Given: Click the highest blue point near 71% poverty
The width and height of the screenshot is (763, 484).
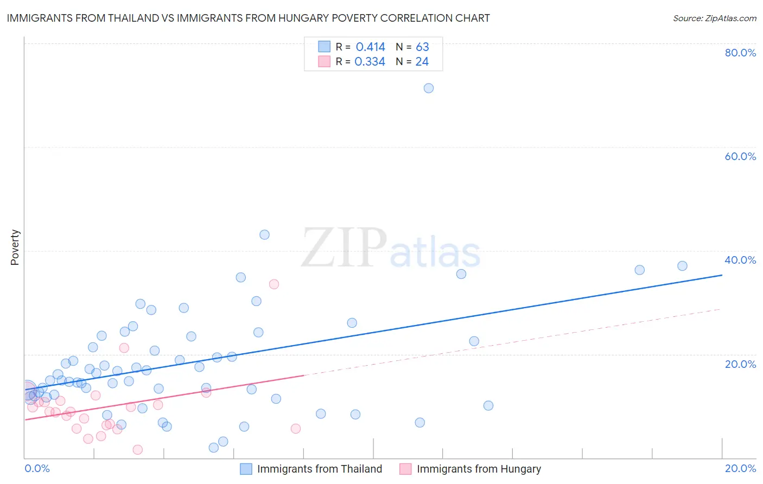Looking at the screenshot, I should pyautogui.click(x=429, y=88).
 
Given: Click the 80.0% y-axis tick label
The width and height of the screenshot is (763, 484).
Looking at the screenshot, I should pyautogui.click(x=740, y=53).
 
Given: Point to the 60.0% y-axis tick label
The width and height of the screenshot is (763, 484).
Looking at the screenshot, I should pyautogui.click(x=740, y=156).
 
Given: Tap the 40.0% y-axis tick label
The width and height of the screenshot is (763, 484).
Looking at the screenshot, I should pyautogui.click(x=740, y=260).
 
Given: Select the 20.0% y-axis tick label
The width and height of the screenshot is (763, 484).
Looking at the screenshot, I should pyautogui.click(x=740, y=364).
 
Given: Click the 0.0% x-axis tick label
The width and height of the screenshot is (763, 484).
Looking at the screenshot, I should pyautogui.click(x=37, y=468).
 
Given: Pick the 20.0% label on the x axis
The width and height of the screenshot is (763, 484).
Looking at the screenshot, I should pyautogui.click(x=740, y=468).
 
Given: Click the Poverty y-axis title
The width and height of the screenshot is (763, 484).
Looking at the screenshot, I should pyautogui.click(x=15, y=247).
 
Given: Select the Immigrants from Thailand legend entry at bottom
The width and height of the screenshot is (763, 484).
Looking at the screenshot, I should pyautogui.click(x=319, y=469).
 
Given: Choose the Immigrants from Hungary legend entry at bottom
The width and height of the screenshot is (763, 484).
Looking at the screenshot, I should pyautogui.click(x=479, y=469).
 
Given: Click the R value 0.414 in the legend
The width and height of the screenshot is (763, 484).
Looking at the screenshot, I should pyautogui.click(x=370, y=47).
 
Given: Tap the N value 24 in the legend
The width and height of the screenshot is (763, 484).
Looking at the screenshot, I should pyautogui.click(x=422, y=62).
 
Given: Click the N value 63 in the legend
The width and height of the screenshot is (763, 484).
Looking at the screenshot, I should pyautogui.click(x=422, y=47).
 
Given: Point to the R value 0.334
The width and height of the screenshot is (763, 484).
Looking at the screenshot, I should pyautogui.click(x=370, y=62).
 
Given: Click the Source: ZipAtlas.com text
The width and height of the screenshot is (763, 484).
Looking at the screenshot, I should pyautogui.click(x=714, y=18).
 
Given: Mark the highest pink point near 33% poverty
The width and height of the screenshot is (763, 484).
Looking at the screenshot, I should pyautogui.click(x=274, y=284).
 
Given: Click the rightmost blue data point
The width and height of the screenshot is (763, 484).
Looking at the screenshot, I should pyautogui.click(x=683, y=266).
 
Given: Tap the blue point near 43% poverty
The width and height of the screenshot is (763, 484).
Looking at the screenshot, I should pyautogui.click(x=264, y=235).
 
